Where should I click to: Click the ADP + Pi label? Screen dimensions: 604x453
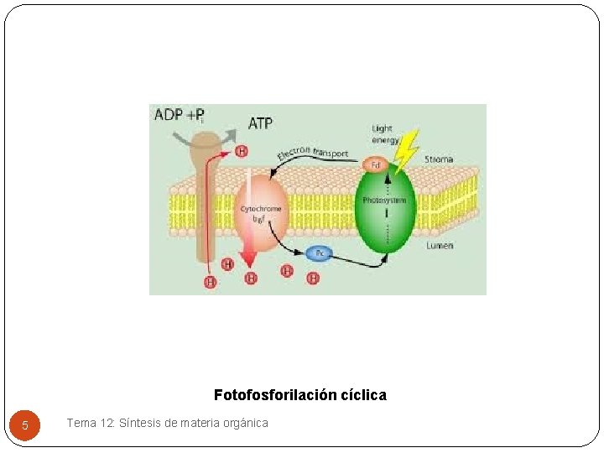point(179,115)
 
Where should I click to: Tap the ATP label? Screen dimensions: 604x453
point(260,123)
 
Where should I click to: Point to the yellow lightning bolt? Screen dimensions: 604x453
point(407,150)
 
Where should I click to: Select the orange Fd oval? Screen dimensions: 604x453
point(375,164)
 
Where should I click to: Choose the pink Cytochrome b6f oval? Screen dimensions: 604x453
point(261,213)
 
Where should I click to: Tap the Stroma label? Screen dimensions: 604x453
point(439,159)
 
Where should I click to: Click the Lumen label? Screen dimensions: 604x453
point(440,245)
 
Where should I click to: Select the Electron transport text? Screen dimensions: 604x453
point(312,154)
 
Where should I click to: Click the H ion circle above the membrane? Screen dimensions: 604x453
point(242,151)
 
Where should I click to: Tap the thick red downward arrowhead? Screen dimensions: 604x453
point(248,261)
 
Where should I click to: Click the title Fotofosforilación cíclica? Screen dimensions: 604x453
point(300,394)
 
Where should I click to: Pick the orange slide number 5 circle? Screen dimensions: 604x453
point(25,425)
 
